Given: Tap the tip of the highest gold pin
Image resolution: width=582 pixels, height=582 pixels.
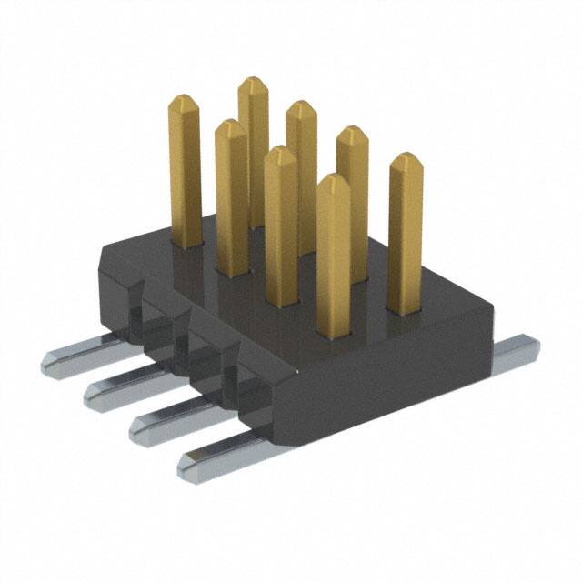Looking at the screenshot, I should pos(254,82).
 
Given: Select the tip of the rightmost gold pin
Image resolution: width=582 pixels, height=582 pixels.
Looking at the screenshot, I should pos(406,160).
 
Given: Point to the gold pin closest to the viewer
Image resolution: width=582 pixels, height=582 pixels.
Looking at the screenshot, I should pos(334,246).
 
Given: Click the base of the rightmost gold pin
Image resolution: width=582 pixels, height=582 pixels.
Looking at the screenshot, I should pos(404,307).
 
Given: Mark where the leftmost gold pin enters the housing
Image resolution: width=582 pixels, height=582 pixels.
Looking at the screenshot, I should pos(186,241).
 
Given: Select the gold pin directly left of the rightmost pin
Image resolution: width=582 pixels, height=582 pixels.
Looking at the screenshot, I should pos(352,182).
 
